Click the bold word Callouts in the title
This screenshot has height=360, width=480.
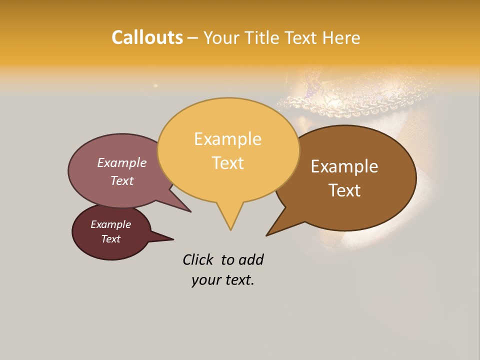(147, 38)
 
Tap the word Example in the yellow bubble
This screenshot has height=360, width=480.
(227, 139)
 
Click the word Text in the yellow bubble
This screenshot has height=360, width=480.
(227, 163)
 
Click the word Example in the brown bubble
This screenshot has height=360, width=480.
(344, 166)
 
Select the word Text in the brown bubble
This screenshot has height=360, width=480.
(344, 190)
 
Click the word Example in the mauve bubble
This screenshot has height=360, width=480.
(121, 163)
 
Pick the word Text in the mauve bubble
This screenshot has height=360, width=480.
(121, 181)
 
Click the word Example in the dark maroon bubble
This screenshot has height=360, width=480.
(110, 224)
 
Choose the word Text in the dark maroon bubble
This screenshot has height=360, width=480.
(110, 239)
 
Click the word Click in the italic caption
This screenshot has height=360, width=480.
(198, 259)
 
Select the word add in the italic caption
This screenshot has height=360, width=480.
(251, 259)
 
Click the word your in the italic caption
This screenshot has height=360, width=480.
(205, 280)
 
